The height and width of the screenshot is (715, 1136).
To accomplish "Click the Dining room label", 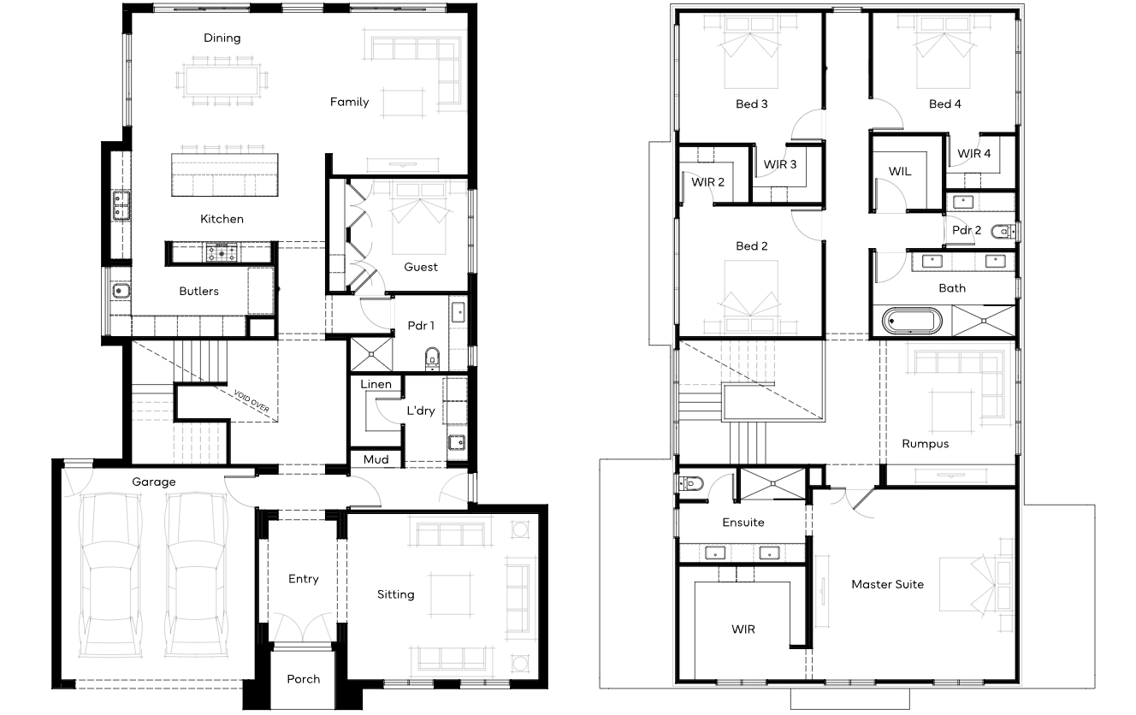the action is pos(222,38).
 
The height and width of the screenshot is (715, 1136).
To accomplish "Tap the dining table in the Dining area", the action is pos(222,80).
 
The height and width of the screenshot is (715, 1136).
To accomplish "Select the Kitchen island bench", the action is pos(225,175).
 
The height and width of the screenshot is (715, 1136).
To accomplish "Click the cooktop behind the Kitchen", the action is pos(222,252).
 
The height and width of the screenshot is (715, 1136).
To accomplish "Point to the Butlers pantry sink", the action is pos(121,292).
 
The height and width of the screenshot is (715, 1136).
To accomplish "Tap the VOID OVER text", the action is pos(251,401).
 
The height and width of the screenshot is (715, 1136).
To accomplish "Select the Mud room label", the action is pos(376,459).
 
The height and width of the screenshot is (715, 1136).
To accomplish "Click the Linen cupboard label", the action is pos(376,384).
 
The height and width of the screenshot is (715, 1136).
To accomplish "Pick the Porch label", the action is pos(304,679).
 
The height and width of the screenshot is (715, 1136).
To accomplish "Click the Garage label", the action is pos(154,482).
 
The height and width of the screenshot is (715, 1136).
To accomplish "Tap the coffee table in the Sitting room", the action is pos(450,594).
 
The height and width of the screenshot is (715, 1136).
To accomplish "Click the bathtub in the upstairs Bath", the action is pos(912,322).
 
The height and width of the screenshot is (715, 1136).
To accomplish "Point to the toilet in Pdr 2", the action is pos(1002,232).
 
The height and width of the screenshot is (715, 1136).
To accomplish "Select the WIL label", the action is pos(900,171).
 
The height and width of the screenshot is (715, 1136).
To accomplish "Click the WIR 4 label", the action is pos(973,153).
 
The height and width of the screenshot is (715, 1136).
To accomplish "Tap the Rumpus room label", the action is pos(925,444).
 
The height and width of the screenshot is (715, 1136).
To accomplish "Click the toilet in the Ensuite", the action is pos(690,484).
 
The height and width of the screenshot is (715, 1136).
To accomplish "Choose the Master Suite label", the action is pos(888,584).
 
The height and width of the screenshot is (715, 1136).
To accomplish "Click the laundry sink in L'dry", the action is pos(457,442).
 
